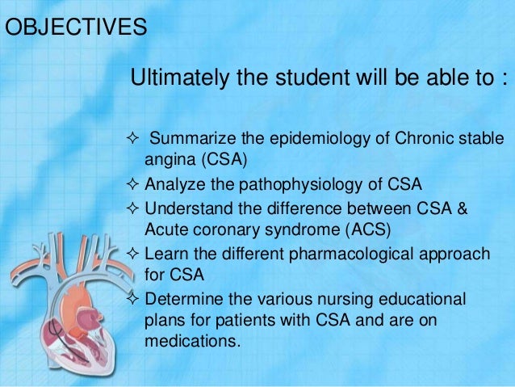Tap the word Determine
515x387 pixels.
[x=181, y=299]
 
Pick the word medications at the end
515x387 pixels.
[x=192, y=340]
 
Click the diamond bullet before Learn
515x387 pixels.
[x=134, y=254]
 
